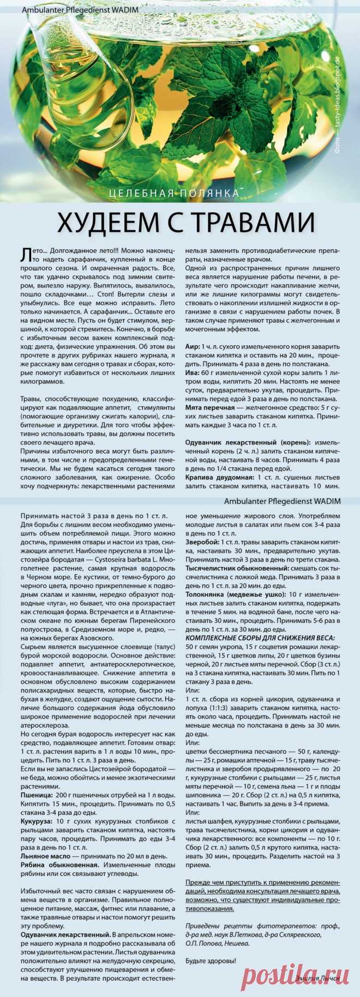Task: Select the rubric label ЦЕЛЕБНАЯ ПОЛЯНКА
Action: (x=174, y=193)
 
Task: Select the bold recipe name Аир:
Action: (x=193, y=347)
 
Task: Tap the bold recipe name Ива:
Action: (x=193, y=372)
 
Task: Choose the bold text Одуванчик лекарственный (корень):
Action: (x=248, y=442)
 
